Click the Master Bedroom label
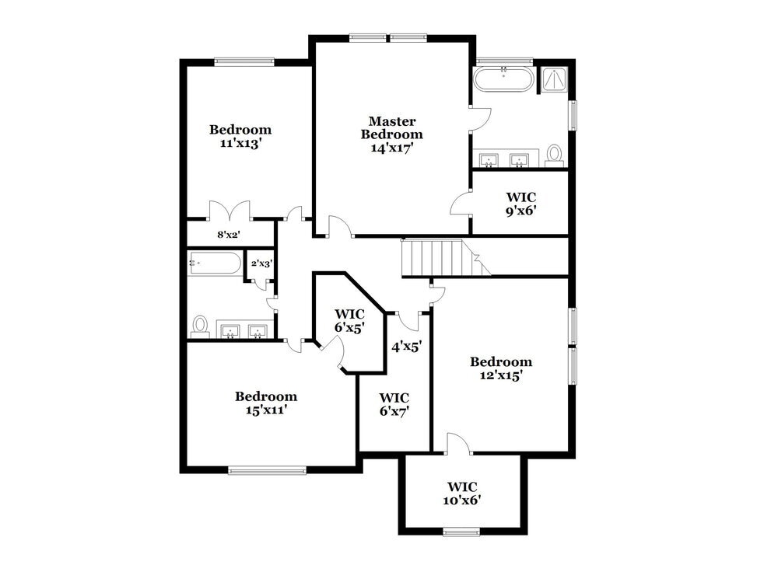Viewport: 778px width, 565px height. [x=391, y=127]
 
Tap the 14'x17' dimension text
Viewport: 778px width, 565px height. [x=391, y=148]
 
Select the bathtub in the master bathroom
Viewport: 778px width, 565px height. [x=504, y=79]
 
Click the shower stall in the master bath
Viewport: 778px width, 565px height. [x=555, y=78]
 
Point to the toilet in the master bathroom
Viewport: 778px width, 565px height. [x=555, y=153]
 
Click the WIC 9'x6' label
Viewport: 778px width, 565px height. [x=521, y=203]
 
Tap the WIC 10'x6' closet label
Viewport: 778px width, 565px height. [x=463, y=494]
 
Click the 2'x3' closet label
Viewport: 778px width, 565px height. [x=261, y=263]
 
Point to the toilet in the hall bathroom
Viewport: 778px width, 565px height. [x=201, y=326]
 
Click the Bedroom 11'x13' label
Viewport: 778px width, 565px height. [x=240, y=136]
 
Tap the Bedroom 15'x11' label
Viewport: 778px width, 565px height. [x=266, y=403]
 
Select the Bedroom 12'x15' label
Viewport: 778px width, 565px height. [x=501, y=368]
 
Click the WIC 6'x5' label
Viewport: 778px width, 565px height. [x=349, y=320]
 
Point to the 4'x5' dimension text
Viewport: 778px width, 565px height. [x=405, y=347]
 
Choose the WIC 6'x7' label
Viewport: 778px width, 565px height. [x=394, y=404]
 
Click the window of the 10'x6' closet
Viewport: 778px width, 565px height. [x=462, y=532]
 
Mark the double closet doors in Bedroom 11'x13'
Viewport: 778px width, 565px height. [x=230, y=210]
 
